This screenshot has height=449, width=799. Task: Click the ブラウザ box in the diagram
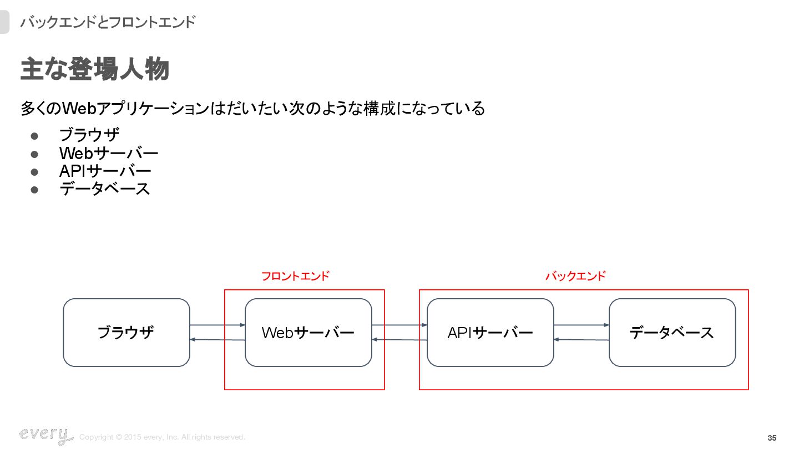click(x=127, y=333)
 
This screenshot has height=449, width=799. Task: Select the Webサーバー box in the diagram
click(x=308, y=333)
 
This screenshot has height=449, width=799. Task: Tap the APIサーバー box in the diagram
click(x=490, y=333)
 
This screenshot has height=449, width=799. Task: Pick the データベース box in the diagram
click(x=672, y=333)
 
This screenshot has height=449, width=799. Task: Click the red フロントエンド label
click(x=295, y=276)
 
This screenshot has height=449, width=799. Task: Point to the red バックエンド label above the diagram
click(x=575, y=276)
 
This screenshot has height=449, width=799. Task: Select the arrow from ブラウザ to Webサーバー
click(x=217, y=325)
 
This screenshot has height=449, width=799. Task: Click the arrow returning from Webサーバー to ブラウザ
click(x=217, y=340)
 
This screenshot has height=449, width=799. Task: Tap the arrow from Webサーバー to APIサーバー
click(x=399, y=325)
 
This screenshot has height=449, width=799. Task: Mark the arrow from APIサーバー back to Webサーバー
click(x=399, y=340)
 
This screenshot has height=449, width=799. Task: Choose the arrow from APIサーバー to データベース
click(x=581, y=325)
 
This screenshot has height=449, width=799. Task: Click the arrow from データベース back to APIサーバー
click(x=581, y=340)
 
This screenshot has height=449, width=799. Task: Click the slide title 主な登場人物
click(x=94, y=70)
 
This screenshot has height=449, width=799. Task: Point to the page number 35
click(x=772, y=438)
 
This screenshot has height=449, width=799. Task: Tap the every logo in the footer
click(x=45, y=435)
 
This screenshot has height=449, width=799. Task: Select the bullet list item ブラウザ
click(x=89, y=135)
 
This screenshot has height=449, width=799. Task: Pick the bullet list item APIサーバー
click(x=105, y=171)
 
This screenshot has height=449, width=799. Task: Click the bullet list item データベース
click(x=105, y=189)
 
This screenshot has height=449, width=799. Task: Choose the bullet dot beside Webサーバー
click(x=34, y=154)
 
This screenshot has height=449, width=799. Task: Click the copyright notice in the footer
click(x=162, y=437)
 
